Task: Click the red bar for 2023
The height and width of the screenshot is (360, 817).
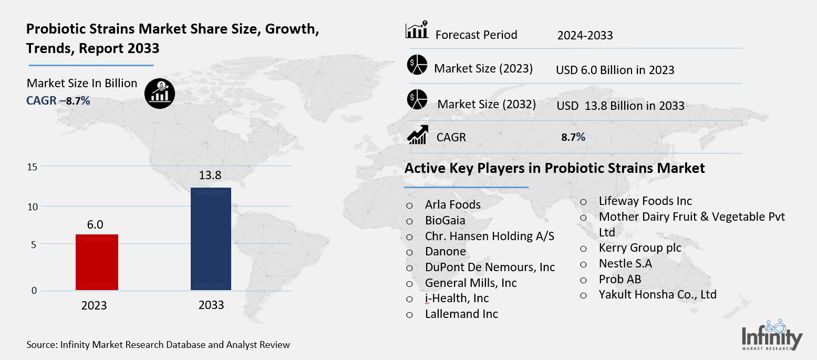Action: click(97, 262)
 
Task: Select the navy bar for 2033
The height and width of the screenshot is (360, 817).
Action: click(211, 238)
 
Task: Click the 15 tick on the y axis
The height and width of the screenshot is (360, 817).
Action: click(33, 167)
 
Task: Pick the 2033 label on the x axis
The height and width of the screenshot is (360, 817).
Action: click(211, 305)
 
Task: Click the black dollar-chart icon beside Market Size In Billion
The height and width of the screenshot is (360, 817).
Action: click(160, 94)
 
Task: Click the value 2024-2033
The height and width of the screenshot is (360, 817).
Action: click(585, 35)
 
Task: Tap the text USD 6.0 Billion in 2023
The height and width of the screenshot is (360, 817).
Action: click(615, 70)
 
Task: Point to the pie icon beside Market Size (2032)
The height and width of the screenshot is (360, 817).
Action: click(417, 100)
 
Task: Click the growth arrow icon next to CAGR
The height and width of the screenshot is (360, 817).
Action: click(417, 135)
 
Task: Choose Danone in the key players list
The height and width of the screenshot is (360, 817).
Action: click(446, 252)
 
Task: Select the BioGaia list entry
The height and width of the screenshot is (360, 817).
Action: click(445, 221)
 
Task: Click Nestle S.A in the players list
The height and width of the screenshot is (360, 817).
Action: click(625, 263)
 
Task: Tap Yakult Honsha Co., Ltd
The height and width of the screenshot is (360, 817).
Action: click(657, 294)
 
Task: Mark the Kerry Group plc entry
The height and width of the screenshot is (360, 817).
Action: click(639, 248)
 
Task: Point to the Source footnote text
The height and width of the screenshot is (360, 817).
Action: click(158, 345)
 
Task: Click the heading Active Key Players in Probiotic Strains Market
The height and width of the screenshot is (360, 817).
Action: click(554, 168)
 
